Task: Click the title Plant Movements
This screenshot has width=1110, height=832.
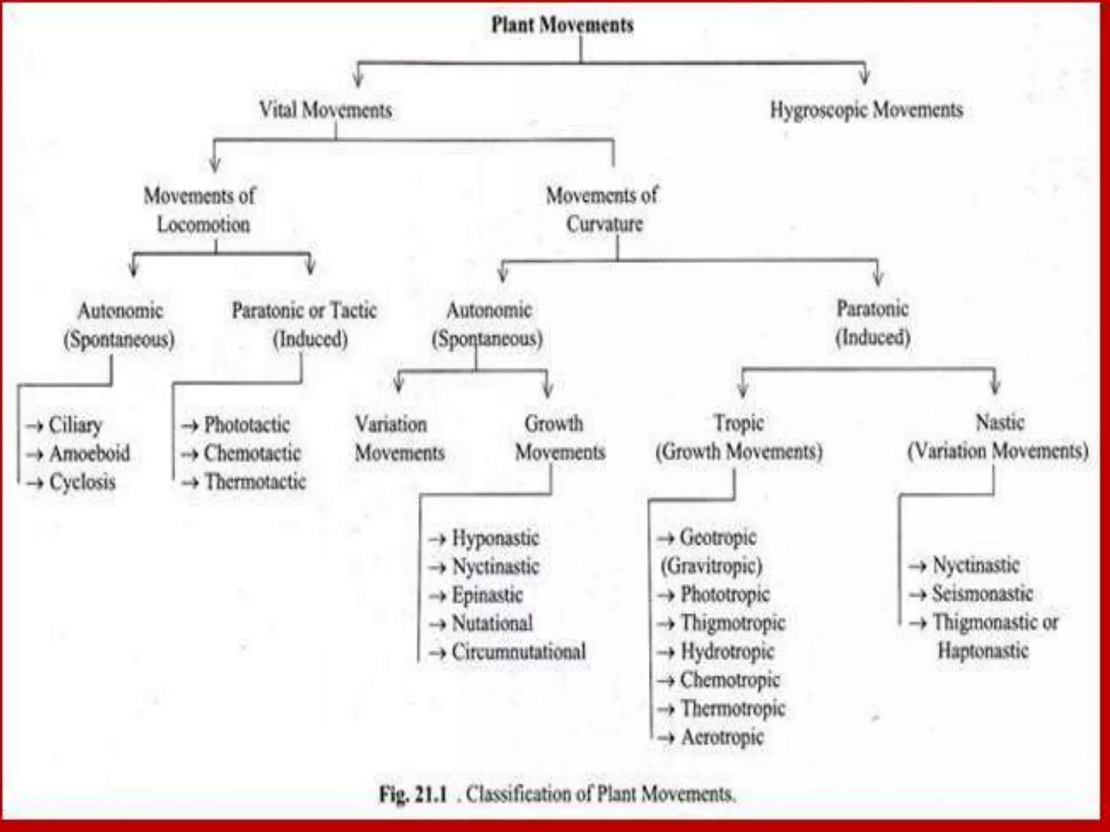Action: pyautogui.click(x=562, y=25)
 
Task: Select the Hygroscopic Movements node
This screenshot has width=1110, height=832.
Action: pyautogui.click(x=866, y=110)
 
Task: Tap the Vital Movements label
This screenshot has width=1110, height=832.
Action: pyautogui.click(x=325, y=110)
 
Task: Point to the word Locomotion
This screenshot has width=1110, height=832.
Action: pyautogui.click(x=203, y=224)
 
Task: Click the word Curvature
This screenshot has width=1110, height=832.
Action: pyautogui.click(x=604, y=224)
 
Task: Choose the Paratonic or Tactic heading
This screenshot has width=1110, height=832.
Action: pyautogui.click(x=304, y=310)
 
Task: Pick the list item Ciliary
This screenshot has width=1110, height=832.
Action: pyautogui.click(x=75, y=425)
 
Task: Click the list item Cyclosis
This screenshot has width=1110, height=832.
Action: pyautogui.click(x=82, y=482)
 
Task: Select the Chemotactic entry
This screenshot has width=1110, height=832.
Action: pyautogui.click(x=252, y=453)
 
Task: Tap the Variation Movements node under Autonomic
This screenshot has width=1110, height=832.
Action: pyautogui.click(x=399, y=438)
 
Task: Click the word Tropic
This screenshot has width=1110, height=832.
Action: pyautogui.click(x=739, y=422)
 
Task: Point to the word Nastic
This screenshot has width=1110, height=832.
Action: pyautogui.click(x=999, y=422)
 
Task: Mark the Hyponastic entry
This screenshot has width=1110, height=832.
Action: pyautogui.click(x=495, y=538)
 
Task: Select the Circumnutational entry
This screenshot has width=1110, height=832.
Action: pyautogui.click(x=519, y=652)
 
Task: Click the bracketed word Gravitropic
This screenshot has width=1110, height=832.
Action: pyautogui.click(x=711, y=566)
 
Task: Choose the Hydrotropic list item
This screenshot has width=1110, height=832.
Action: pyautogui.click(x=727, y=651)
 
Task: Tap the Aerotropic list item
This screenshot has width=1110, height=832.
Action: pyautogui.click(x=722, y=737)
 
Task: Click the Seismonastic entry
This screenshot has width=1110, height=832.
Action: pyautogui.click(x=982, y=594)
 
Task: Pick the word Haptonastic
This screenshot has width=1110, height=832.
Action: pyautogui.click(x=983, y=650)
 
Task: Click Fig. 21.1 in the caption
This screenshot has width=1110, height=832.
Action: pyautogui.click(x=413, y=795)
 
